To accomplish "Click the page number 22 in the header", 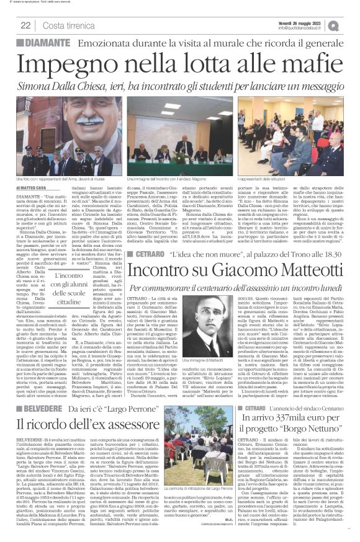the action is point(26,25).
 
